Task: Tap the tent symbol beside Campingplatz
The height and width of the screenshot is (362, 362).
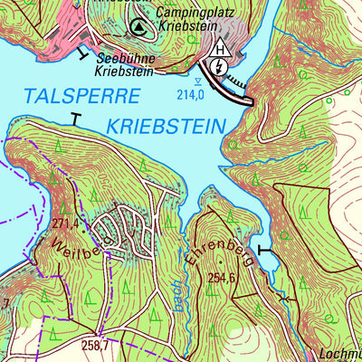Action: click(138, 28)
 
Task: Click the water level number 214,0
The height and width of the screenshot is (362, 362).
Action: click(188, 93)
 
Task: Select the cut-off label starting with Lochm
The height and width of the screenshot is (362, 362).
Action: click(341, 355)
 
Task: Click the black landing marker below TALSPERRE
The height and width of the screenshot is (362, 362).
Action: click(74, 118)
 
